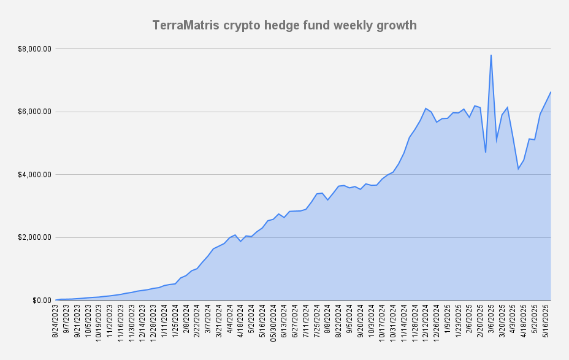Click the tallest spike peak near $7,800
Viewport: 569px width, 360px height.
point(491,55)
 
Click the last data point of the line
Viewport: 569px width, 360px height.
point(551,92)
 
